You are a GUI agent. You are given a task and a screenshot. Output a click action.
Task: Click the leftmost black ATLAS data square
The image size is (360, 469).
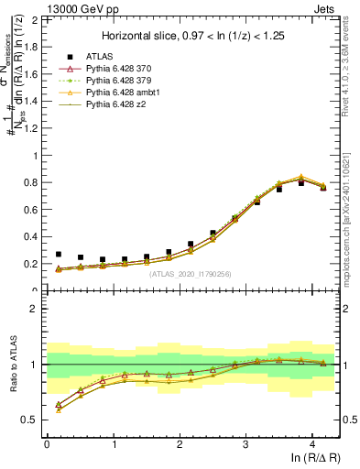59,254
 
